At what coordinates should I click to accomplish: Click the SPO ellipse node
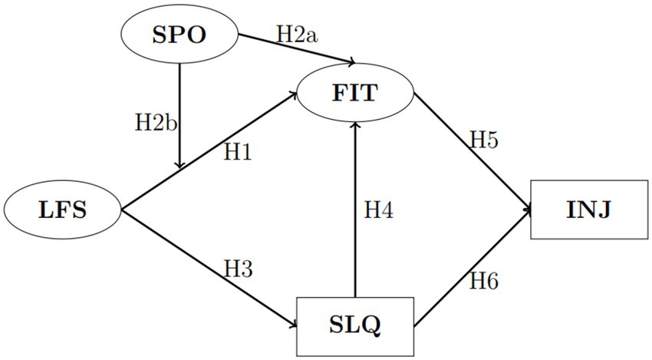tap(179, 37)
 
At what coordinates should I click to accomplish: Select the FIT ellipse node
tap(354, 94)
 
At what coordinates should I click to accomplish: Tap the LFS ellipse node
tap(63, 210)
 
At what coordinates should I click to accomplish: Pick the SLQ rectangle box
tap(355, 325)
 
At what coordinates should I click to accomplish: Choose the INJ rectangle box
tap(589, 210)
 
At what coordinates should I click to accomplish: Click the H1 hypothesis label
tap(238, 152)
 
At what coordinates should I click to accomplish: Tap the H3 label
tap(239, 268)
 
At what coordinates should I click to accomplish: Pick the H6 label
tap(485, 281)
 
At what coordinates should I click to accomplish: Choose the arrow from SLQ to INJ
tap(471, 268)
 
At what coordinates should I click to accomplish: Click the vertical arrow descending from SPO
tap(179, 115)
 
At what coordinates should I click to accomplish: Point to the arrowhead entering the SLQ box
tap(292, 325)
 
